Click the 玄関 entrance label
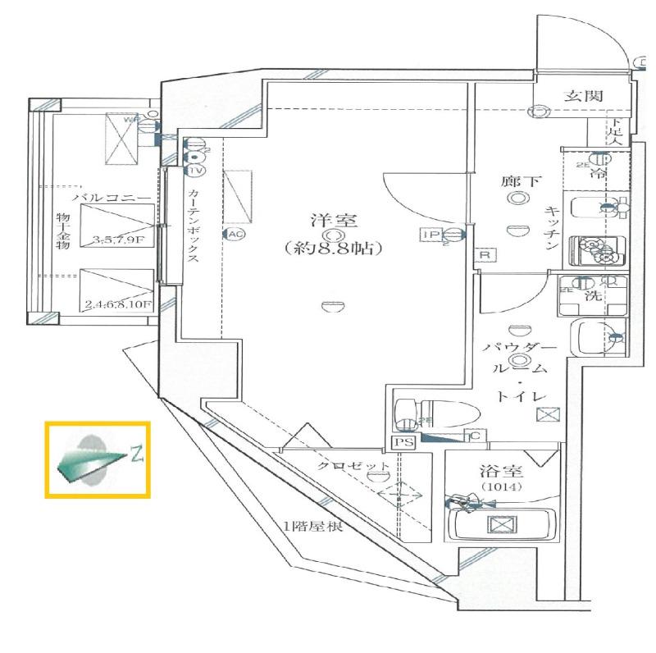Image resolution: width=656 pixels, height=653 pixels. coord(584,96)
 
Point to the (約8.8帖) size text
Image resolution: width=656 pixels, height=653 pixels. coord(330,246)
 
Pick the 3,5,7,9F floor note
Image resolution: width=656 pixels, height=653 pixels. coord(121,240)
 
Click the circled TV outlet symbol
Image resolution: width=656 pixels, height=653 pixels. coord(195,171)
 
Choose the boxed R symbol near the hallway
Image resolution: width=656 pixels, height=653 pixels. coord(485,256)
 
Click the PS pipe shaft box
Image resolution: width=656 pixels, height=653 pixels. coord(403,441)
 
